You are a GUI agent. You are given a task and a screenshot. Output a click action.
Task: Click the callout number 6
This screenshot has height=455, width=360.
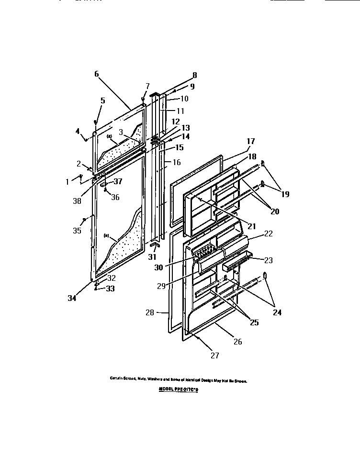click(x=96, y=74)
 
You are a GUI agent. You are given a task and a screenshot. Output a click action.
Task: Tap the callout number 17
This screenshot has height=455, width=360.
click(x=251, y=141)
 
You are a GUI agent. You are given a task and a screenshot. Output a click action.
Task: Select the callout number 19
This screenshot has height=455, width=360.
click(x=285, y=194)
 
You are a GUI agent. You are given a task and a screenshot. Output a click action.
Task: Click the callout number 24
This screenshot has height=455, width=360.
click(x=277, y=313)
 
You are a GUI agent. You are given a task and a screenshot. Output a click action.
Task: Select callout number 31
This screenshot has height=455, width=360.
click(x=153, y=256)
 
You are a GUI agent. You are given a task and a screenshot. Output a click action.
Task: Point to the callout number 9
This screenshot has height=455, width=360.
click(x=192, y=87)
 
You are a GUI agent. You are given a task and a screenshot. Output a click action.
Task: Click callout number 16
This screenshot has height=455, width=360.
click(x=176, y=162)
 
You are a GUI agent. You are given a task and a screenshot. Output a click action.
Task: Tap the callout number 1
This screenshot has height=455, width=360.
click(x=67, y=181)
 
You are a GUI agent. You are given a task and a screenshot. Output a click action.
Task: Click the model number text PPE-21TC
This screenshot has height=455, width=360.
click(x=178, y=389)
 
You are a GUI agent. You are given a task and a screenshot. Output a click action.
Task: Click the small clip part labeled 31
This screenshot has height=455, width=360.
click(x=154, y=244)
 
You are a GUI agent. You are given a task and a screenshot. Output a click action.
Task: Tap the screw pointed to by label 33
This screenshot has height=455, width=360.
click(x=96, y=288)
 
